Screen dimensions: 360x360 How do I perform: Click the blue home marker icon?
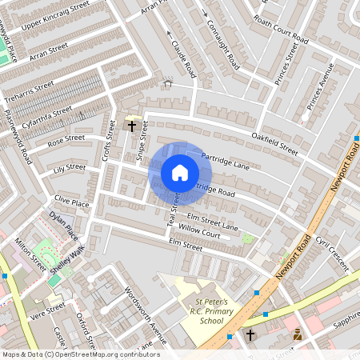click(x=180, y=173)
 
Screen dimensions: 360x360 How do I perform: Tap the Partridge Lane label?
click(x=226, y=162)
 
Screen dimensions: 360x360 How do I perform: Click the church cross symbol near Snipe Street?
click(x=132, y=126)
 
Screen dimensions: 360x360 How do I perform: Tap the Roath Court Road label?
click(x=279, y=29)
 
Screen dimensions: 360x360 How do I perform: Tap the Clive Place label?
click(x=71, y=199)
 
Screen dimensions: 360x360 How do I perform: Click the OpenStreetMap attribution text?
click(x=80, y=354)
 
